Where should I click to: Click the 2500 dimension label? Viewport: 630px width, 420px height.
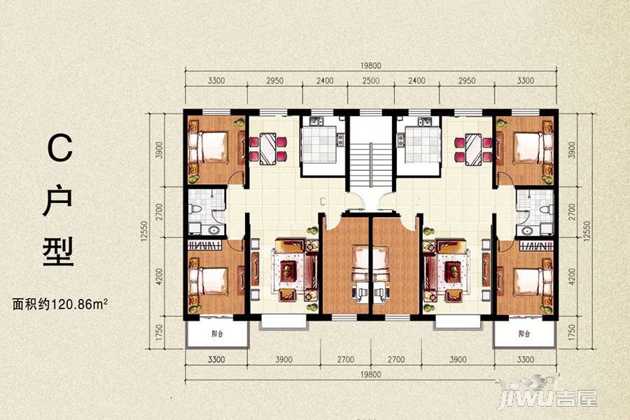(370, 80)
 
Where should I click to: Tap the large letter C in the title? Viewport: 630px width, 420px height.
(60, 148)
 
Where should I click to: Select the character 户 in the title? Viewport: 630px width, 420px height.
(59, 200)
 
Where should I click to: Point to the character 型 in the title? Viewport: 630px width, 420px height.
(59, 252)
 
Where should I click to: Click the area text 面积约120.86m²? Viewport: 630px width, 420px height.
(60, 304)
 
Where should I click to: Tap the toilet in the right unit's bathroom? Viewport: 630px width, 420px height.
(545, 209)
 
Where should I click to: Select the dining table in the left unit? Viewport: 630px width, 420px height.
(267, 148)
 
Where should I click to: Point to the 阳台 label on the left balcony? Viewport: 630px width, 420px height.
(218, 334)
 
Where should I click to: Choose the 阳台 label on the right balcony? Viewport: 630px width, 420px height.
(524, 334)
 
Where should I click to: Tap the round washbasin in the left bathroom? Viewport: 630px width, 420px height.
(214, 231)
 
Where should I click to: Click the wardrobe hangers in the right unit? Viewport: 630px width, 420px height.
(535, 245)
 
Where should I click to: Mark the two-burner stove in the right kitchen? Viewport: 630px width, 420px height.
(400, 139)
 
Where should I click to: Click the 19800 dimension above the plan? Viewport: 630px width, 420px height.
(370, 66)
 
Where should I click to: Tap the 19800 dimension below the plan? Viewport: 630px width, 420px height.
(370, 374)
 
